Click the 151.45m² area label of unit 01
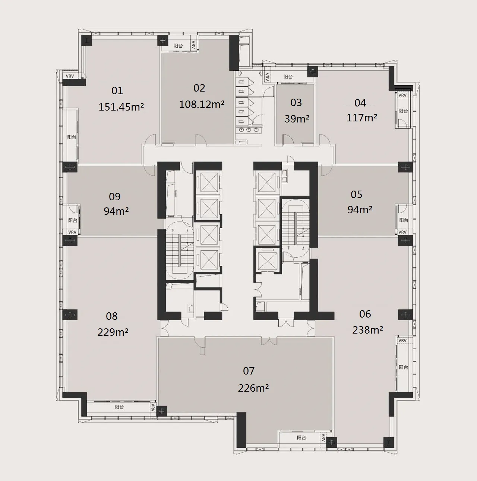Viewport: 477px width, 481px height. [121, 107]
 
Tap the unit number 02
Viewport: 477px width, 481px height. [199, 88]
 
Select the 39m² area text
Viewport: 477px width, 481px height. [297, 118]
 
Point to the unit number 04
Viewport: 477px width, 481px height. [360, 103]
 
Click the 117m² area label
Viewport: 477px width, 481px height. [361, 118]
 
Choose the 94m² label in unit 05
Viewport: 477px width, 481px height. [360, 210]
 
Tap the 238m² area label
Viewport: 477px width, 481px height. [367, 330]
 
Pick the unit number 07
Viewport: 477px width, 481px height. [249, 371]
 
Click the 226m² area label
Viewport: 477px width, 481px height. [253, 388]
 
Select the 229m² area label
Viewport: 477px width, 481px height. [113, 332]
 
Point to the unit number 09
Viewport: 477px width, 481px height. [115, 197]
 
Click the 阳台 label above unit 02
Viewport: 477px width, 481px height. [178, 46]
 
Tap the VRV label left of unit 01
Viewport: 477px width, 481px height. [70, 76]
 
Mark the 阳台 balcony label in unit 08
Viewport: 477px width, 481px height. [119, 407]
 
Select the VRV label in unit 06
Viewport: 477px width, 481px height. [402, 341]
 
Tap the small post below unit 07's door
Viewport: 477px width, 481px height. [202, 351]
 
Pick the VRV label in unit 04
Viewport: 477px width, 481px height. [402, 95]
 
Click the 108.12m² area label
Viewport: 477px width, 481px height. [202, 104]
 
